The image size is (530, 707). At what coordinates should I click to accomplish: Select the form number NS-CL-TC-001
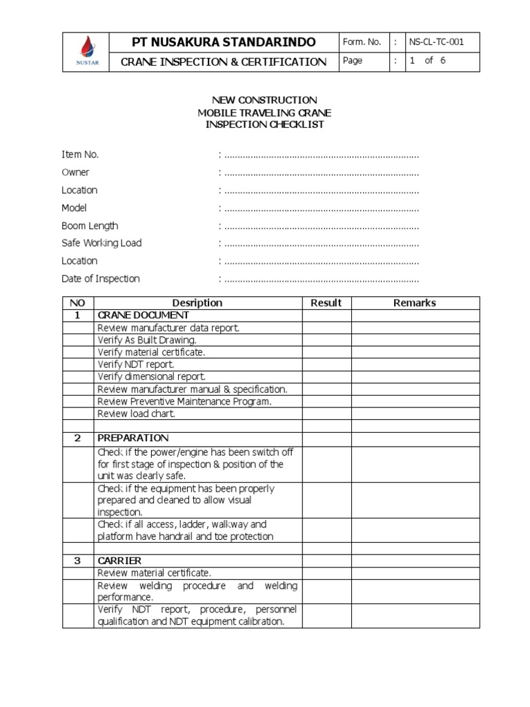(x=436, y=42)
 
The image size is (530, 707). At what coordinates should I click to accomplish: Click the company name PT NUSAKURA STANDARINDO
(x=224, y=42)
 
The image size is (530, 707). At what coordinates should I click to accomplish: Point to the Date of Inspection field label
(x=101, y=279)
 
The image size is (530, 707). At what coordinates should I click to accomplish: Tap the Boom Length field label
(x=90, y=226)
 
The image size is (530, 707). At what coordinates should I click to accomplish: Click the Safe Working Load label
(x=101, y=243)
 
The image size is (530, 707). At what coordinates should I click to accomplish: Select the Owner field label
(x=75, y=173)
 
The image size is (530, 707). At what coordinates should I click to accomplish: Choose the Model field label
(x=74, y=208)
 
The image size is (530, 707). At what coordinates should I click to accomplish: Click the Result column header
(x=326, y=302)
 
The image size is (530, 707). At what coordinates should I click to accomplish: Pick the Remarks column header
(x=415, y=302)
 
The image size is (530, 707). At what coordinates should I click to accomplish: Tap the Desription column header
(x=197, y=302)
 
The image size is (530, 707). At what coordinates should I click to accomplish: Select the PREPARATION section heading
(x=133, y=438)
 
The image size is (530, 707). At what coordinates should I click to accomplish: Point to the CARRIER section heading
(x=119, y=561)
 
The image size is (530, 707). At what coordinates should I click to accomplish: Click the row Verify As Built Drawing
(x=147, y=340)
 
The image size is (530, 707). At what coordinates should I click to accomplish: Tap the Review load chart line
(x=137, y=414)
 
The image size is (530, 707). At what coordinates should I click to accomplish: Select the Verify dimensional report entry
(x=152, y=377)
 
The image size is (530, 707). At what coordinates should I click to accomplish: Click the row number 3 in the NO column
(x=78, y=561)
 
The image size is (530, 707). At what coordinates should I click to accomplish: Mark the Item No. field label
(x=80, y=155)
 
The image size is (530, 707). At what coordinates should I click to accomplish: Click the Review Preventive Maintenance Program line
(x=185, y=401)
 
